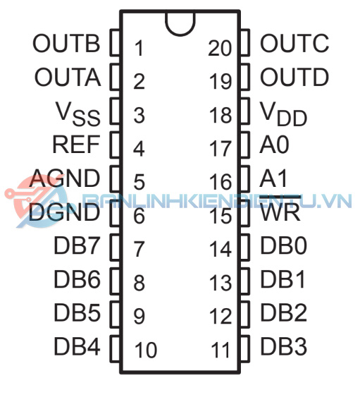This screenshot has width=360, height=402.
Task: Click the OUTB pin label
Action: (66, 43)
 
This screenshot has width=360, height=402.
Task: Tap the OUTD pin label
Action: (294, 77)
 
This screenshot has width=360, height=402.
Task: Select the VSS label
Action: (78, 114)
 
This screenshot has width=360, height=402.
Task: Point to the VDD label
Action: (283, 114)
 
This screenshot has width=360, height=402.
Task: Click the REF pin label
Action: (76, 145)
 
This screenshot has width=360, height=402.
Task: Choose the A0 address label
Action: (274, 145)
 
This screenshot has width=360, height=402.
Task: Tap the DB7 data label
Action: (77, 245)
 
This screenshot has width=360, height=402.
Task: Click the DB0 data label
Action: (283, 245)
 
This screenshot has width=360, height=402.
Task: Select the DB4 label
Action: (77, 346)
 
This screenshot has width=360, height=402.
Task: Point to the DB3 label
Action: (283, 346)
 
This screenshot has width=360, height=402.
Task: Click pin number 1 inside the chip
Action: (139, 48)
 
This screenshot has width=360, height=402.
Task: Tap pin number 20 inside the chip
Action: (220, 48)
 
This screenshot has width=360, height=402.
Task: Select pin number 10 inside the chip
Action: (146, 350)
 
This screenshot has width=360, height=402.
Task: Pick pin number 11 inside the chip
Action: (221, 350)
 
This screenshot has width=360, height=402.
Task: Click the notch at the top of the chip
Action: (180, 34)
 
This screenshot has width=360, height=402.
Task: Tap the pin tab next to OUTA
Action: (116, 77)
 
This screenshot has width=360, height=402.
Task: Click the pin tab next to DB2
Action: (244, 314)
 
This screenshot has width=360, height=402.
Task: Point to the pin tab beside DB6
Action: (116, 281)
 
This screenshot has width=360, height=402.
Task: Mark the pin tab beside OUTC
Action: (244, 43)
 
